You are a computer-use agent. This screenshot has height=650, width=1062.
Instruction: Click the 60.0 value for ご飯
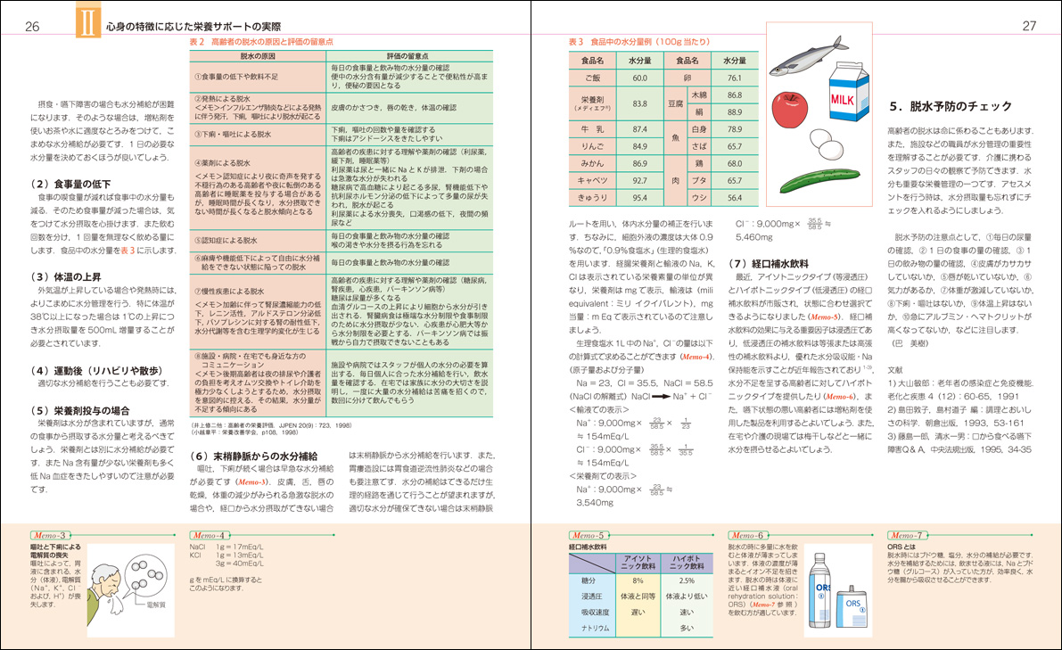[638, 78]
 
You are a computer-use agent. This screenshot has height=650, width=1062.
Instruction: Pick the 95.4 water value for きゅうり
[638, 197]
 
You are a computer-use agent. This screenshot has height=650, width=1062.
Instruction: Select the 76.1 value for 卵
[734, 78]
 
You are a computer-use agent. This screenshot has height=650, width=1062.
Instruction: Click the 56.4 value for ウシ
[734, 197]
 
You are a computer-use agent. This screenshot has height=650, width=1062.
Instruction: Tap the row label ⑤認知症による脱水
[230, 240]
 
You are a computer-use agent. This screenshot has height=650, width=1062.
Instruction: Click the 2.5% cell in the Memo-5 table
[686, 580]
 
